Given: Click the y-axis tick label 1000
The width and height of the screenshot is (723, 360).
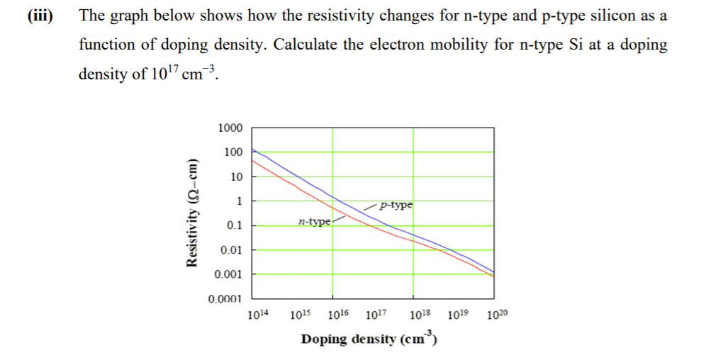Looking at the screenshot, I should [x=230, y=128].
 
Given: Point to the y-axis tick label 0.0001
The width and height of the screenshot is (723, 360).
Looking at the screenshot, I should [x=225, y=299].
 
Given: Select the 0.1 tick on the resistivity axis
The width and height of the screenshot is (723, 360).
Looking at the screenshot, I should [x=235, y=225].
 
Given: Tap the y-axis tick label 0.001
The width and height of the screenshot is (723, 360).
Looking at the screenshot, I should [x=230, y=274].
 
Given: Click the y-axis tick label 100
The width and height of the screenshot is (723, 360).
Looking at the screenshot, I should [x=232, y=152].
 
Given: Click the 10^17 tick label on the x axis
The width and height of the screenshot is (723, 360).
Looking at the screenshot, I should [x=376, y=315].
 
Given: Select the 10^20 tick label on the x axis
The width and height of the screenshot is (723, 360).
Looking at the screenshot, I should [x=498, y=315].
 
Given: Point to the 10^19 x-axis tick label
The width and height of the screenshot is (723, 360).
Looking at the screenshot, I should [x=459, y=315].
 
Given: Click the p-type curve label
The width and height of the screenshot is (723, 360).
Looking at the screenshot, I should [x=396, y=206].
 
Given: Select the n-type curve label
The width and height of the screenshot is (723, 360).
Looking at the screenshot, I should [x=314, y=222].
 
